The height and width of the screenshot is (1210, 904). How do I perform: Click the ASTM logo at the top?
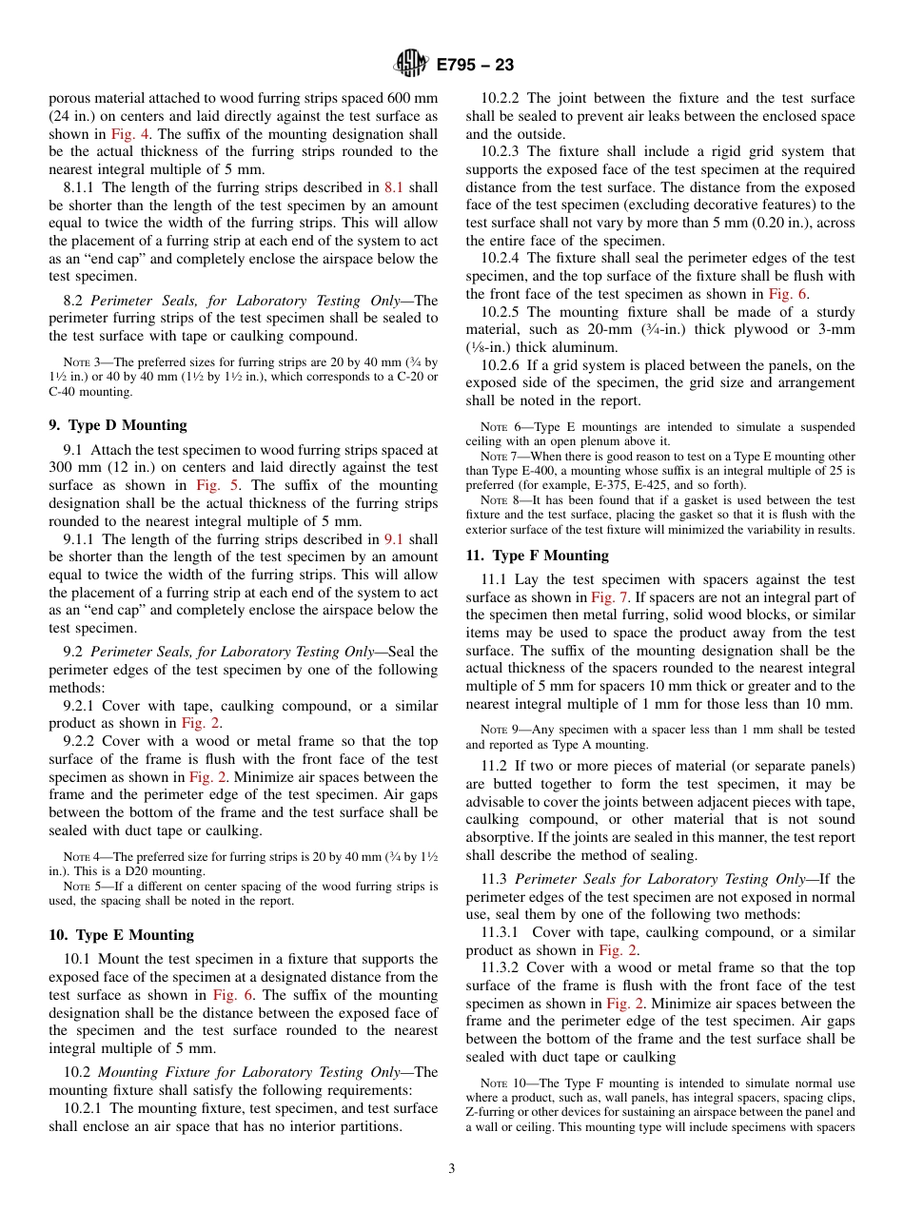412,65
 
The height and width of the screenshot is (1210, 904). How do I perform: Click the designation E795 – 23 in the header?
475,65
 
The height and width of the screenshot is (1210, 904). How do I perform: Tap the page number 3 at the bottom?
451,1169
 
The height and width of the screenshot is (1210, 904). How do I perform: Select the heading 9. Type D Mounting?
118,425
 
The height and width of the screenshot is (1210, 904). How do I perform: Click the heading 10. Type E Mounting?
121,935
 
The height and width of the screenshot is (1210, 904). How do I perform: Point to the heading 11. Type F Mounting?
537,556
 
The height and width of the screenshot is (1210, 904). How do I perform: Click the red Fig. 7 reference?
609,597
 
